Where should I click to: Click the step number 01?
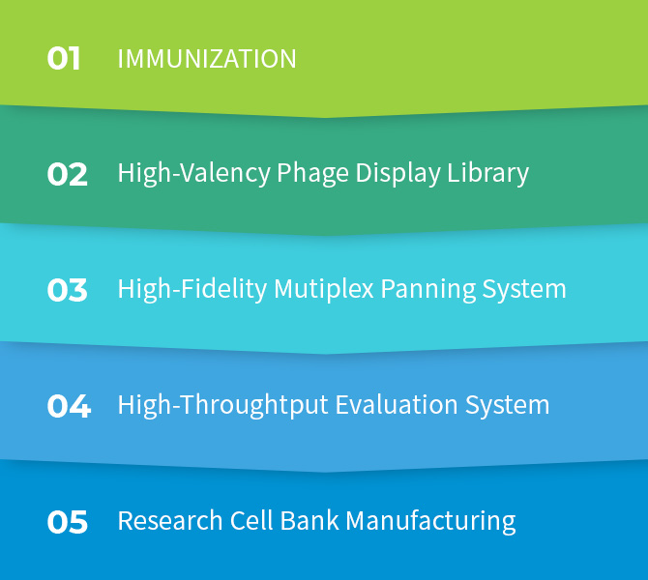(x=63, y=58)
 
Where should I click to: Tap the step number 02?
(x=67, y=174)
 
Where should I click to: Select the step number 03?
(x=67, y=290)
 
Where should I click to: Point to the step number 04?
(x=69, y=406)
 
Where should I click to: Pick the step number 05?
(x=68, y=522)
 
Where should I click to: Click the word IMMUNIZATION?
(x=207, y=59)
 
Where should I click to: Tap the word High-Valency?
(x=194, y=173)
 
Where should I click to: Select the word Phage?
(x=312, y=173)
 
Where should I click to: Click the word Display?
(x=398, y=173)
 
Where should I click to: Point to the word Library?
(x=488, y=173)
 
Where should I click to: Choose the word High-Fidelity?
(x=192, y=289)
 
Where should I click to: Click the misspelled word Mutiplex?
(x=324, y=289)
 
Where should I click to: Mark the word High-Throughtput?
(x=223, y=405)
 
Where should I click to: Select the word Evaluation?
(x=397, y=405)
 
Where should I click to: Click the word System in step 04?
(x=508, y=405)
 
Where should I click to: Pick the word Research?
(x=170, y=520)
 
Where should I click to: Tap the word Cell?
(x=251, y=520)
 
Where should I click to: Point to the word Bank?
(x=309, y=520)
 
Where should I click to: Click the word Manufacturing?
(x=430, y=520)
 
